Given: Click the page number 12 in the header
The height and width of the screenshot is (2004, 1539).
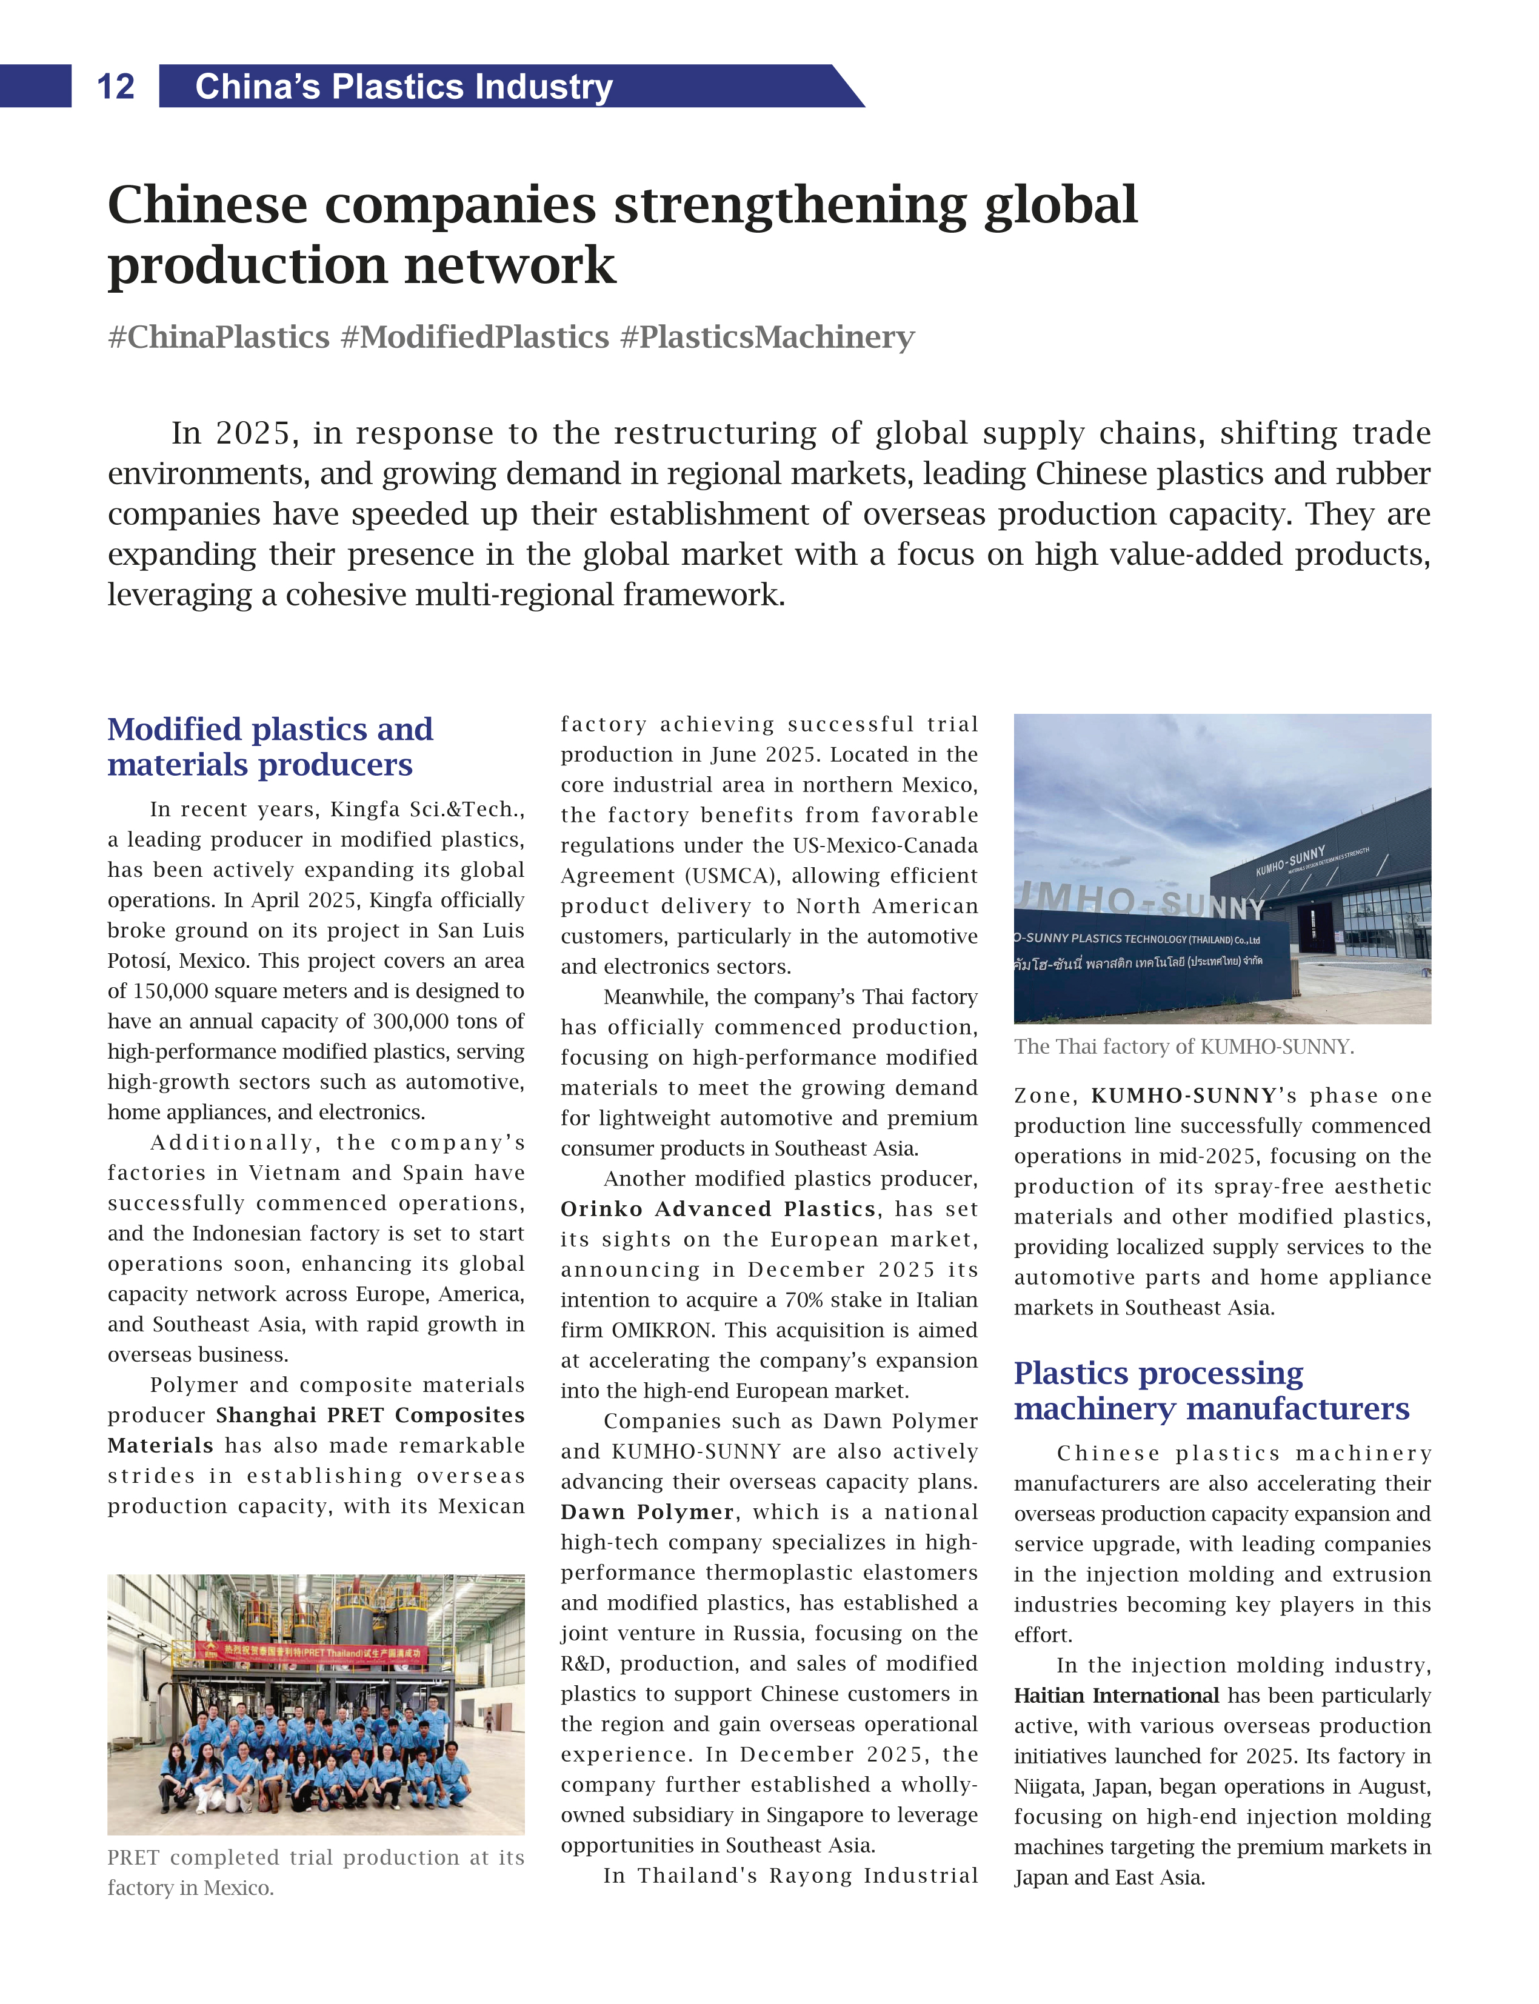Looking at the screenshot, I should [115, 87].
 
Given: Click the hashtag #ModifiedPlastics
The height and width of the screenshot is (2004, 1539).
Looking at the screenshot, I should [475, 337].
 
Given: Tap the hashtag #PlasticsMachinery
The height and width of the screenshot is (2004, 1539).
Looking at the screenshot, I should [767, 337].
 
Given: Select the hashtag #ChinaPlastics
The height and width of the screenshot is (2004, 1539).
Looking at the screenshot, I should [218, 337].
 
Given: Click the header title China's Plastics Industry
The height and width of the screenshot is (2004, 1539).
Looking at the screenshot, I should [403, 87].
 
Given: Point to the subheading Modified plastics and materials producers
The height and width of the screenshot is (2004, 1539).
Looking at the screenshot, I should [270, 747].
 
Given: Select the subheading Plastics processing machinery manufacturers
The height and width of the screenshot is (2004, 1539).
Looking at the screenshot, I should [1211, 1390].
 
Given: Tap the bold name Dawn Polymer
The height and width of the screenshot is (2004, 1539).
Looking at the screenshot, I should [647, 1512].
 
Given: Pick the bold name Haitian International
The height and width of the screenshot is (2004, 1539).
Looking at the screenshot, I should [1116, 1696].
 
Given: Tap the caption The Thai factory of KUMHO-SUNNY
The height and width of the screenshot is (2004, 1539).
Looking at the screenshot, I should [1184, 1047].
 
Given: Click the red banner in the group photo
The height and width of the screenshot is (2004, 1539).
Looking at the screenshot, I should [312, 1653].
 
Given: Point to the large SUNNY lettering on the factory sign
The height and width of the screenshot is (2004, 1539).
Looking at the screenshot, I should [1214, 907].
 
